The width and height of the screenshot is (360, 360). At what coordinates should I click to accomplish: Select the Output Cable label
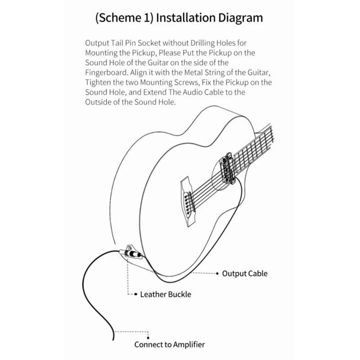[244, 273]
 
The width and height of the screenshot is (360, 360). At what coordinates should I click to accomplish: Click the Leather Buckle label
[166, 295]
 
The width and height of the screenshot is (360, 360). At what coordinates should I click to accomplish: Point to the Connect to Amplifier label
[170, 345]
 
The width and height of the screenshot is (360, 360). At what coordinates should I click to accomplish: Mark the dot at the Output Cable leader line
[218, 273]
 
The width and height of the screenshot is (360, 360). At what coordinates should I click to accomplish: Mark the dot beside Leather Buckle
[135, 295]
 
